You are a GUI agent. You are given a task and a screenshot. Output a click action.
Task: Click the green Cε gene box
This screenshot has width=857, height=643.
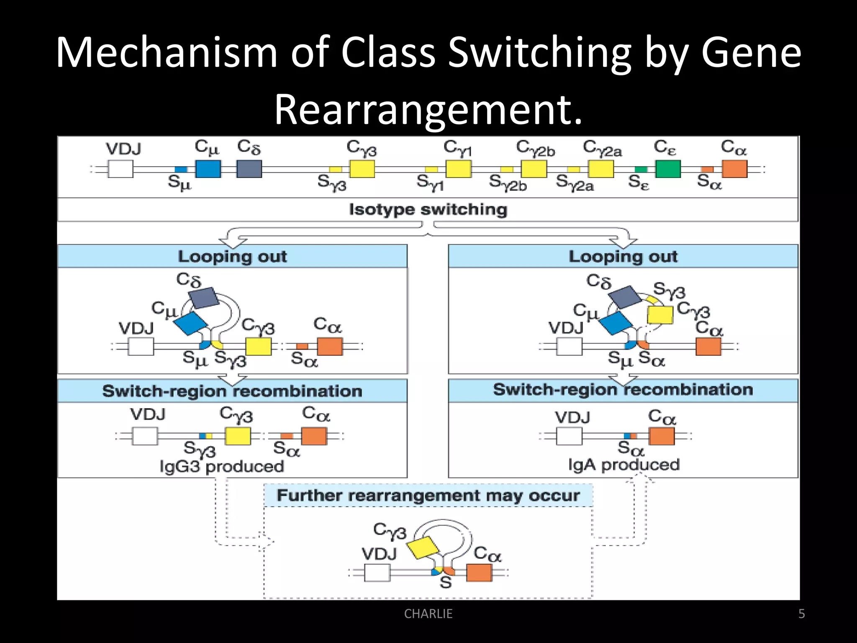(668, 169)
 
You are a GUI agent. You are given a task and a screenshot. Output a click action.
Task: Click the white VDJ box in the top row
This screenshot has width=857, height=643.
(121, 169)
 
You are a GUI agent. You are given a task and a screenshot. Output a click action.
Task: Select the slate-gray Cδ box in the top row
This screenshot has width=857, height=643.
(249, 169)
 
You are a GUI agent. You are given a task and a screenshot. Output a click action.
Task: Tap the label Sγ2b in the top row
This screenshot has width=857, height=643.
(508, 183)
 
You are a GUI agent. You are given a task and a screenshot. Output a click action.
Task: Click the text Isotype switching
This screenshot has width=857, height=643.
(428, 209)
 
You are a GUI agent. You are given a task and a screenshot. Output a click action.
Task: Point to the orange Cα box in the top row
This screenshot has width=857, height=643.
(734, 169)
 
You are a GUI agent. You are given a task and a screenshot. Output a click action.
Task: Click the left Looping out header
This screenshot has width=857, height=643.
(232, 256)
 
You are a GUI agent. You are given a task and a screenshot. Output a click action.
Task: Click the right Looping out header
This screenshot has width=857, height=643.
(623, 256)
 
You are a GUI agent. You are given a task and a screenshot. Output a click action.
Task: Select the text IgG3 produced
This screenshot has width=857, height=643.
(222, 466)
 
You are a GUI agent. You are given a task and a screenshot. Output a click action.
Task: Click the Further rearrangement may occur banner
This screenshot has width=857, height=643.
(428, 496)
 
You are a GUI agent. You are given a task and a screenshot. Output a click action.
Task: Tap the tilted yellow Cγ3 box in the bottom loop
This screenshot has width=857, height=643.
(423, 548)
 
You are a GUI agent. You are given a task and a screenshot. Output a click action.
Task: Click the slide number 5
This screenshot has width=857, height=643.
(801, 614)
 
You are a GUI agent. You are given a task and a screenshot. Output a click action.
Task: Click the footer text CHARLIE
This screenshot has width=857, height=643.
(428, 614)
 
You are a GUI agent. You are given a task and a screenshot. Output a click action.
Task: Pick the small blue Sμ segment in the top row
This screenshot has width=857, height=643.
(181, 170)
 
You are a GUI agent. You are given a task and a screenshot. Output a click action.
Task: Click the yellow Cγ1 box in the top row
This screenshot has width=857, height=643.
(458, 169)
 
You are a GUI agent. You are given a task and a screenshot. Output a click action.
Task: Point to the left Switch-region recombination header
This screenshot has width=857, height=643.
(232, 391)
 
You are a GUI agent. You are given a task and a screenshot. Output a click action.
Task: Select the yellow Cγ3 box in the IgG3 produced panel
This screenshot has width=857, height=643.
(238, 436)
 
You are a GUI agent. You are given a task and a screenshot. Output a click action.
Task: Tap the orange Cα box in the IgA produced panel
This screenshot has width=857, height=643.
(662, 436)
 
